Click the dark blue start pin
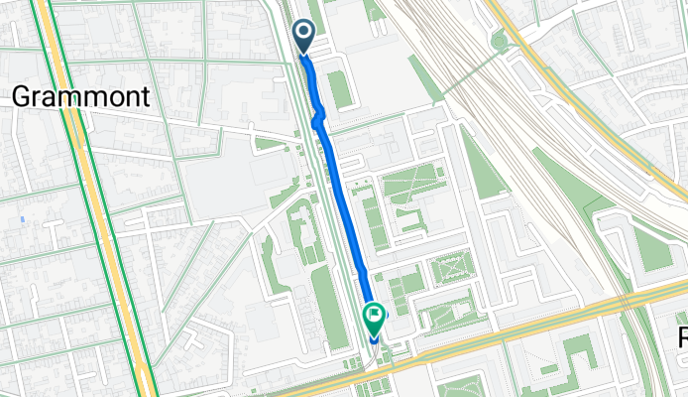tap(302, 37)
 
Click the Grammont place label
tap(81, 96)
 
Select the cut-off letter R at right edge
tap(682, 337)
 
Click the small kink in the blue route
tap(318, 120)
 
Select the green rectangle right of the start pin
tap(340, 89)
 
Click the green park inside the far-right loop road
tap(649, 243)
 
